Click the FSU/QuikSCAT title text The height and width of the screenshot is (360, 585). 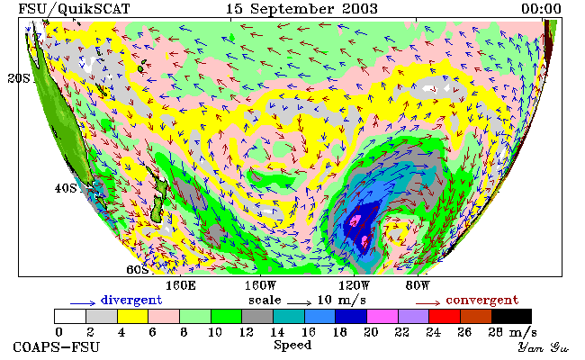click(74, 9)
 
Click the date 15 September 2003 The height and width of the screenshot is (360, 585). click(301, 9)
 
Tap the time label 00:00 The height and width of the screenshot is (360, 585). click(541, 9)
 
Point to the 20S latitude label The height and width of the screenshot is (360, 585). click(19, 78)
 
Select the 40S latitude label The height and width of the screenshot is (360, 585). click(66, 188)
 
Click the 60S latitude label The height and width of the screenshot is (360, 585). click(138, 269)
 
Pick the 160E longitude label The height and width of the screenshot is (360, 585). click(181, 286)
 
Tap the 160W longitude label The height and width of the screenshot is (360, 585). click(260, 286)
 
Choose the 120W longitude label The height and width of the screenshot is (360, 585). click(354, 286)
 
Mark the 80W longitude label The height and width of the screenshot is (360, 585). click(418, 286)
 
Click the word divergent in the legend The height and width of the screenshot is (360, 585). click(131, 301)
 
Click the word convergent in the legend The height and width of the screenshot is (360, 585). click(482, 301)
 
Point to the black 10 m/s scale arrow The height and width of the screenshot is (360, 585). click(299, 303)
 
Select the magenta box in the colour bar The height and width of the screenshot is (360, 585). click(382, 316)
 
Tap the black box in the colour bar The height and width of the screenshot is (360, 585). click(511, 316)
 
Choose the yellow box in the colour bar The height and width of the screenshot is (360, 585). click(132, 316)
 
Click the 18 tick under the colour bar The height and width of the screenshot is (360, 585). click(339, 332)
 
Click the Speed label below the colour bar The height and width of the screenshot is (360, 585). click(292, 345)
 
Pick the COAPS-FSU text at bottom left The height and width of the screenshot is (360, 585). click(57, 346)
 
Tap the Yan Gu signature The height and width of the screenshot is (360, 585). click(544, 347)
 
